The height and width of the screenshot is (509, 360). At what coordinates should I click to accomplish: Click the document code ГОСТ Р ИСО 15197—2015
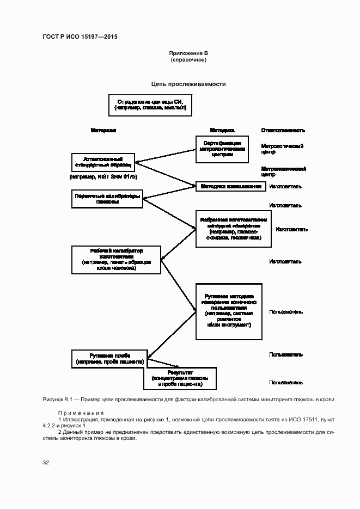click(80, 37)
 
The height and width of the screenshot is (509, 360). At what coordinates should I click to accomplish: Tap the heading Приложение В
click(188, 53)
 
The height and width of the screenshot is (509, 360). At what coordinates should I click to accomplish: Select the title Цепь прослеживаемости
click(188, 84)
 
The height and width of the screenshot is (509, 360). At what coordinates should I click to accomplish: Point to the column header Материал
click(103, 131)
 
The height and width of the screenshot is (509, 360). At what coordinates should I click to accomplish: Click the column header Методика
click(222, 131)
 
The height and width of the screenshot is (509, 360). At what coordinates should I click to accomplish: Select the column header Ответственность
click(283, 131)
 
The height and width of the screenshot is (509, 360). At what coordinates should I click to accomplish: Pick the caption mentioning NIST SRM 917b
click(103, 177)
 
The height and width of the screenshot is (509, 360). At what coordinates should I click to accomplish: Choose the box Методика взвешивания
click(231, 186)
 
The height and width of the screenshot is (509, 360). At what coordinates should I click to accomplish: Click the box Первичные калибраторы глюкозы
click(107, 199)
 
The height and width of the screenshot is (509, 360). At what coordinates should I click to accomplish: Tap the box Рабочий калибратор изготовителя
click(116, 259)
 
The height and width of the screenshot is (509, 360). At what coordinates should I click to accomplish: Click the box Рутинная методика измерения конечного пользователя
click(229, 311)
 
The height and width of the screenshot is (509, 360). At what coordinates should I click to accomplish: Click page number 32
click(46, 462)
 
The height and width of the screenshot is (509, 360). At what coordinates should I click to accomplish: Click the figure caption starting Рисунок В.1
click(188, 400)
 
